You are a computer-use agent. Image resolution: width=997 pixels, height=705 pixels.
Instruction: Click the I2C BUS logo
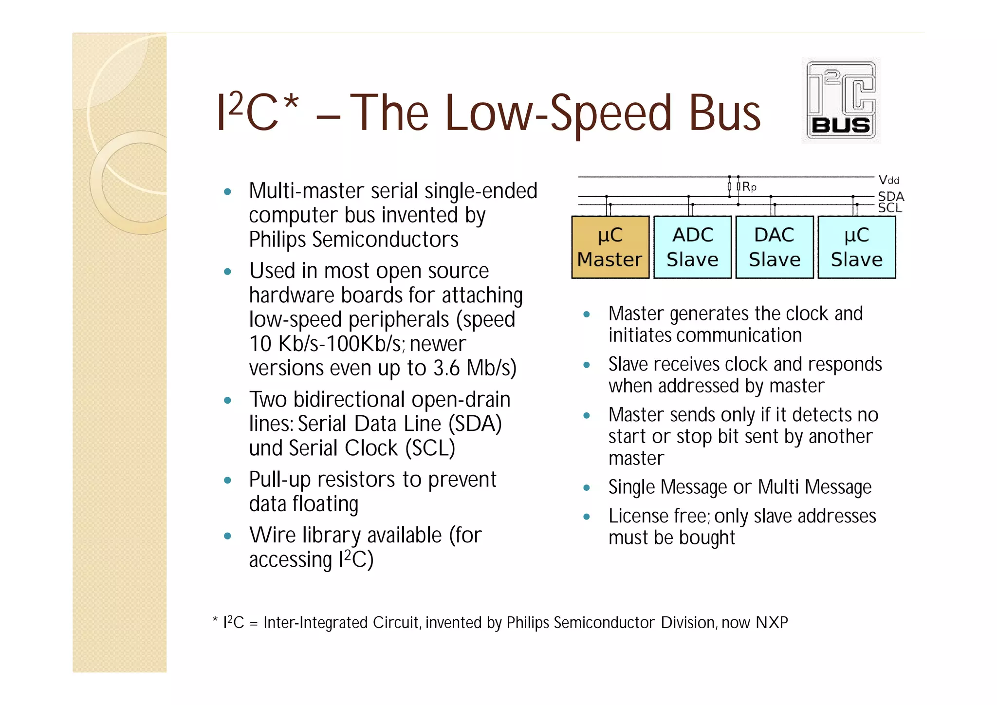tap(841, 101)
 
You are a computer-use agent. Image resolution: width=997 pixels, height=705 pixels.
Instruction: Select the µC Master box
tap(610, 247)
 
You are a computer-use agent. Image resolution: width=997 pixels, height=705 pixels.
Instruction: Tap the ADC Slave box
tap(692, 247)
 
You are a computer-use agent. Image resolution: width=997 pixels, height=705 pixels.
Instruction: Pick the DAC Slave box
tap(775, 247)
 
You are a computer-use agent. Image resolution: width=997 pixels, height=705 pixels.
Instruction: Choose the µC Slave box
tap(857, 247)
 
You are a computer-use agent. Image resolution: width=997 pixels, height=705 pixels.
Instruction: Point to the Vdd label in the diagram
tap(889, 180)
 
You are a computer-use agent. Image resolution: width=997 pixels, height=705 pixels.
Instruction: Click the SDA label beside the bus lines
tap(891, 196)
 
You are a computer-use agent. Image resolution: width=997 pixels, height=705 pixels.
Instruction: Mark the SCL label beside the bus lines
tap(890, 208)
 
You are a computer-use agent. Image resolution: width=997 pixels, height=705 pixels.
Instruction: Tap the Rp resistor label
tap(749, 187)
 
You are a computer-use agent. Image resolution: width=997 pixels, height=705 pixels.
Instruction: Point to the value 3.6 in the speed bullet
tap(446, 368)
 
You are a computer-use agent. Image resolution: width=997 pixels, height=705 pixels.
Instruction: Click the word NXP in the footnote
tap(772, 623)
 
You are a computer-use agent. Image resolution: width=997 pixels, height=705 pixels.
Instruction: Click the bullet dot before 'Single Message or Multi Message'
tap(587, 487)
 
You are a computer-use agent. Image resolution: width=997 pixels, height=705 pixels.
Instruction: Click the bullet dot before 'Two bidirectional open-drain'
tap(227, 401)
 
